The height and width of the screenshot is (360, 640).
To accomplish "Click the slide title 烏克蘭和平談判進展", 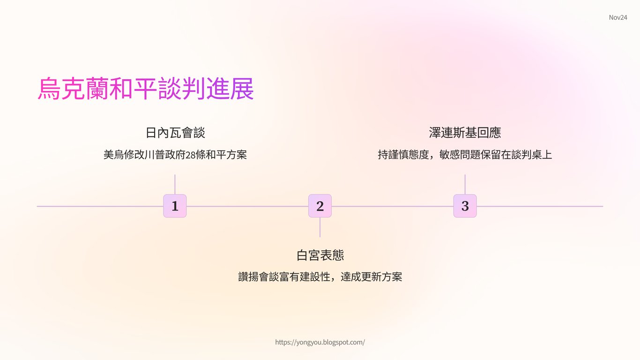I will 146,89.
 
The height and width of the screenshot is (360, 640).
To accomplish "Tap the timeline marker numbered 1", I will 175,206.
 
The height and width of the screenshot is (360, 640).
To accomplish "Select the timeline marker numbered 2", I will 320,206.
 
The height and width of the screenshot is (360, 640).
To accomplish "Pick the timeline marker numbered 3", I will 465,206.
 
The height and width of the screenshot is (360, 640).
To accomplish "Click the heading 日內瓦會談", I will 175,133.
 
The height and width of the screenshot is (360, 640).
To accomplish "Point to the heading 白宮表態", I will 320,255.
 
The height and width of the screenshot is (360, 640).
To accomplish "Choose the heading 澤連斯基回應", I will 465,133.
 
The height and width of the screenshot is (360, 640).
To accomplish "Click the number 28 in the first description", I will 191,155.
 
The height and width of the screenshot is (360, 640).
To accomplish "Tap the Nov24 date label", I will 618,17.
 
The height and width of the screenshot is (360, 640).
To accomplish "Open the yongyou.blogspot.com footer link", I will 320,342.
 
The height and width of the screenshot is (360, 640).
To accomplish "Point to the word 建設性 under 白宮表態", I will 315,277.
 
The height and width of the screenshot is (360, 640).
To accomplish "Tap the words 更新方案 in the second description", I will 382,277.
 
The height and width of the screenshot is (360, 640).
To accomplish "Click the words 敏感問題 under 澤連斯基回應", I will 460,155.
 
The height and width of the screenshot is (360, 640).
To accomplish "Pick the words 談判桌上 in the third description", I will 532,155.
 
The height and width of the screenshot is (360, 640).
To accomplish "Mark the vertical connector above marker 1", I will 175,184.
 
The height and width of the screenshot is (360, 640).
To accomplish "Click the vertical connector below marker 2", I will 320,227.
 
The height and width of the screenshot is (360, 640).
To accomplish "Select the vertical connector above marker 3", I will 465,184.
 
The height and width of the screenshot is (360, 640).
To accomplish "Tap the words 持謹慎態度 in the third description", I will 403,155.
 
